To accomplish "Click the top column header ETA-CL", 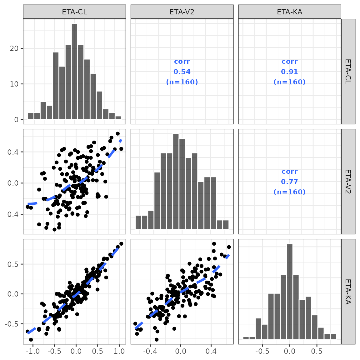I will pos(74,12).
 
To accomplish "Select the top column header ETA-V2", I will pos(182,12).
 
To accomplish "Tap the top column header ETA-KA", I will pos(289,12).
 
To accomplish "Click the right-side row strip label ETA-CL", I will pos(348,72).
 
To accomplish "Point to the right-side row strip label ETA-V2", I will pos(348,182).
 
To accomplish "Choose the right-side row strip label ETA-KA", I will pos(348,292).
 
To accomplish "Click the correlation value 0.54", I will pos(182,72).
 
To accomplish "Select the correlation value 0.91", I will pos(289,72).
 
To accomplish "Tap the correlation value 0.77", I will pos(289,182).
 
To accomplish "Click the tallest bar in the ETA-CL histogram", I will pos(74,72).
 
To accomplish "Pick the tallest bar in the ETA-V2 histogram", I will pos(176,182).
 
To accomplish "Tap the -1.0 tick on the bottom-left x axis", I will pos(32,351).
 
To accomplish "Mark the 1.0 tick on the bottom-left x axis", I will pos(119,351).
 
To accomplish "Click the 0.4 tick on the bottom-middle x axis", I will pos(211,351).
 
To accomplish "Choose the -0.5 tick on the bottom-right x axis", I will pos(262,351).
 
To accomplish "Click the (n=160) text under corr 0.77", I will pos(289,192).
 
